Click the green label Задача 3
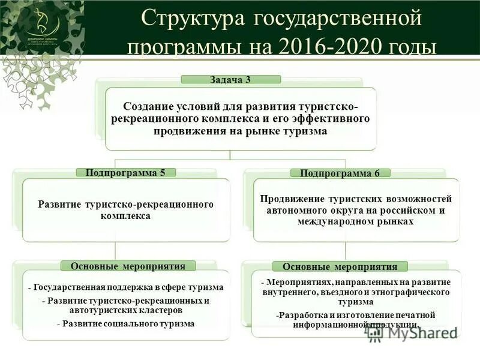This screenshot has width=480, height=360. tap(231, 79)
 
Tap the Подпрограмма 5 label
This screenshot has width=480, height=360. tap(125, 172)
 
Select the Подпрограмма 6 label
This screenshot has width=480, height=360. tap(340, 173)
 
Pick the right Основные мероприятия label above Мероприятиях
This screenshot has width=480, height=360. tap(340, 266)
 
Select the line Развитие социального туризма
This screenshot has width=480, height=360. tap(126, 323)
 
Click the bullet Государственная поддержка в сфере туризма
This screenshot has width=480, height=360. tap(126, 287)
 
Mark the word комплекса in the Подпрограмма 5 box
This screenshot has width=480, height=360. tap(126, 215)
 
